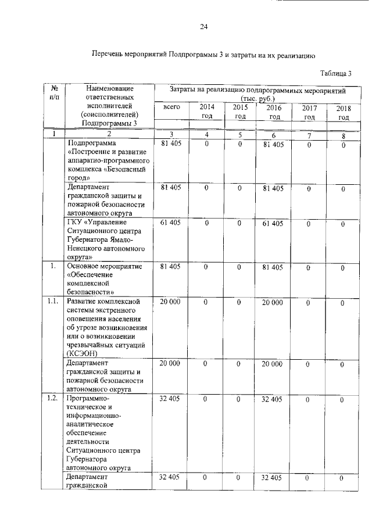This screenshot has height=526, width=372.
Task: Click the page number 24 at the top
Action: pyautogui.click(x=203, y=27)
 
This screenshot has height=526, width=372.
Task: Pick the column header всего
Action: pyautogui.click(x=171, y=108)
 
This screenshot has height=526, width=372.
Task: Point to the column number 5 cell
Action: pyautogui.click(x=239, y=135)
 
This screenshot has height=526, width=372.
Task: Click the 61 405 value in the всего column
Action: pyautogui.click(x=171, y=223)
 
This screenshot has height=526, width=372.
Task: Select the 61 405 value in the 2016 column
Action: pyautogui.click(x=273, y=223)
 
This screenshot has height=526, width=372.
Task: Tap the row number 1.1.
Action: pyautogui.click(x=53, y=302)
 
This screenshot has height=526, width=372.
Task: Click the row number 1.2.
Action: pyautogui.click(x=53, y=399)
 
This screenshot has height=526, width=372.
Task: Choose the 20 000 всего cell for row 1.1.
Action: pyautogui.click(x=171, y=302)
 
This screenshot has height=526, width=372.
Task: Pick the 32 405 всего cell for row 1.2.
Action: pyautogui.click(x=171, y=400)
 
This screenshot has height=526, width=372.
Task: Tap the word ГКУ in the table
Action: pyautogui.click(x=76, y=223)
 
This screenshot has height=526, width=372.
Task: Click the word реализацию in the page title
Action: pyautogui.click(x=295, y=56)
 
